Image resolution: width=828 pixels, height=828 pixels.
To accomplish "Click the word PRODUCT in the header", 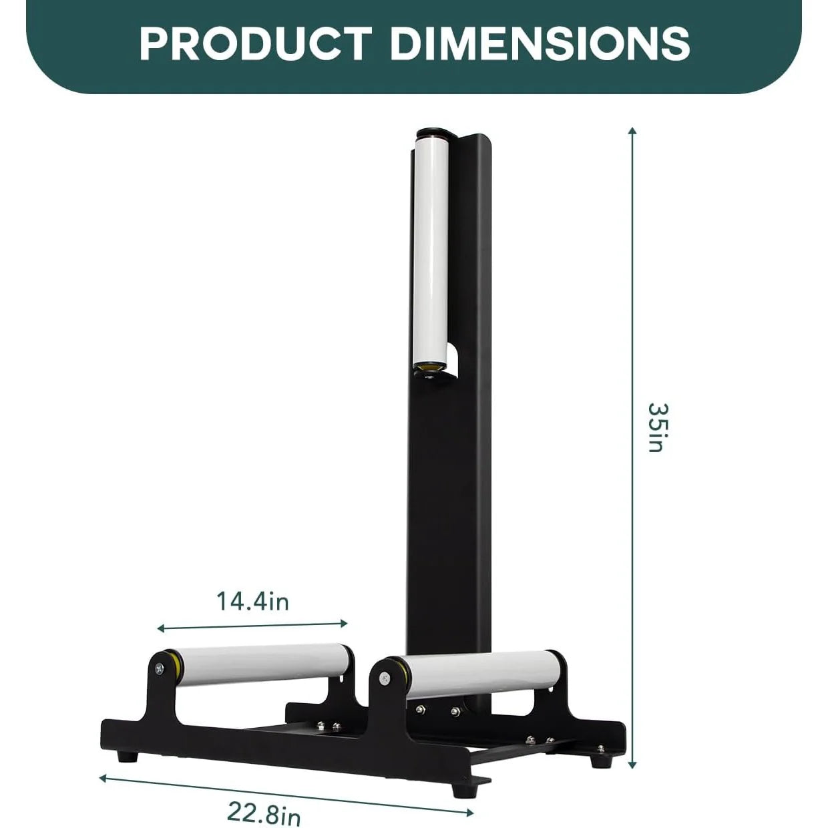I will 254,43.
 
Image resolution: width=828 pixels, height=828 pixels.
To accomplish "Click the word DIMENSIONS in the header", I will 540,43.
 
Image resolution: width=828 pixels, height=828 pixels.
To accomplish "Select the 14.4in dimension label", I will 252,602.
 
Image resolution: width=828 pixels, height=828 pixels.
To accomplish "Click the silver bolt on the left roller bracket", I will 156,668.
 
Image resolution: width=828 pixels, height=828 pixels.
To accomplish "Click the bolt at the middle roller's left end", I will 385,678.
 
